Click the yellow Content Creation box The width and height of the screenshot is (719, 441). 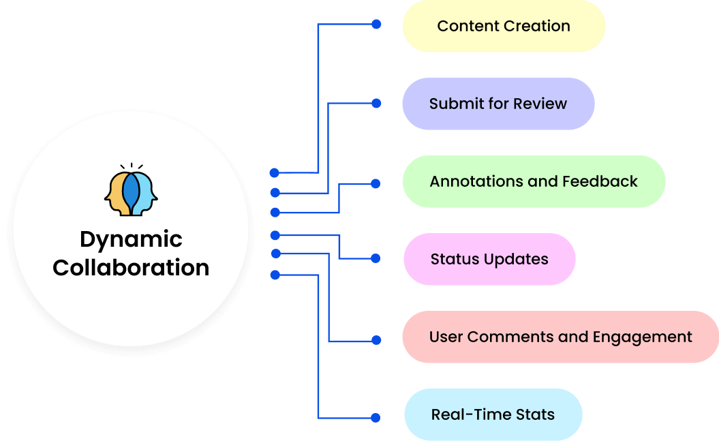504,27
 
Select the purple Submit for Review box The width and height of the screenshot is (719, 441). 498,104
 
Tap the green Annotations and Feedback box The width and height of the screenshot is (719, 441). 534,182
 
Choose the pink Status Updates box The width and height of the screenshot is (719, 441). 489,260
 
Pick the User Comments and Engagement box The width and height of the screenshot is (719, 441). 560,337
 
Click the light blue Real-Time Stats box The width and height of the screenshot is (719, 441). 493,414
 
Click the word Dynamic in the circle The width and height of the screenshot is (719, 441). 131,239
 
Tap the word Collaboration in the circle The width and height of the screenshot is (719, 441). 131,267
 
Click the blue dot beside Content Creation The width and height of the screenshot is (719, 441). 376,25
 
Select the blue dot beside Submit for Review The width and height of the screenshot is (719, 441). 376,104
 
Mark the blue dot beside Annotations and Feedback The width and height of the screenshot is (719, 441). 376,183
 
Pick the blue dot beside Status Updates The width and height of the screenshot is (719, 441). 376,258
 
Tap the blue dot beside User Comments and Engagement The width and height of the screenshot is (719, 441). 376,340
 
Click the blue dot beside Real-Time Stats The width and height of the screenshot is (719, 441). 376,417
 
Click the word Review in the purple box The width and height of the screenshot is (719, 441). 539,104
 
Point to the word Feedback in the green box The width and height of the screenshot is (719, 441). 600,182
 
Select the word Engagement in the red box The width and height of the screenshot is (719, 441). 643,337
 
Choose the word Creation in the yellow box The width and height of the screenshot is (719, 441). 536,27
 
